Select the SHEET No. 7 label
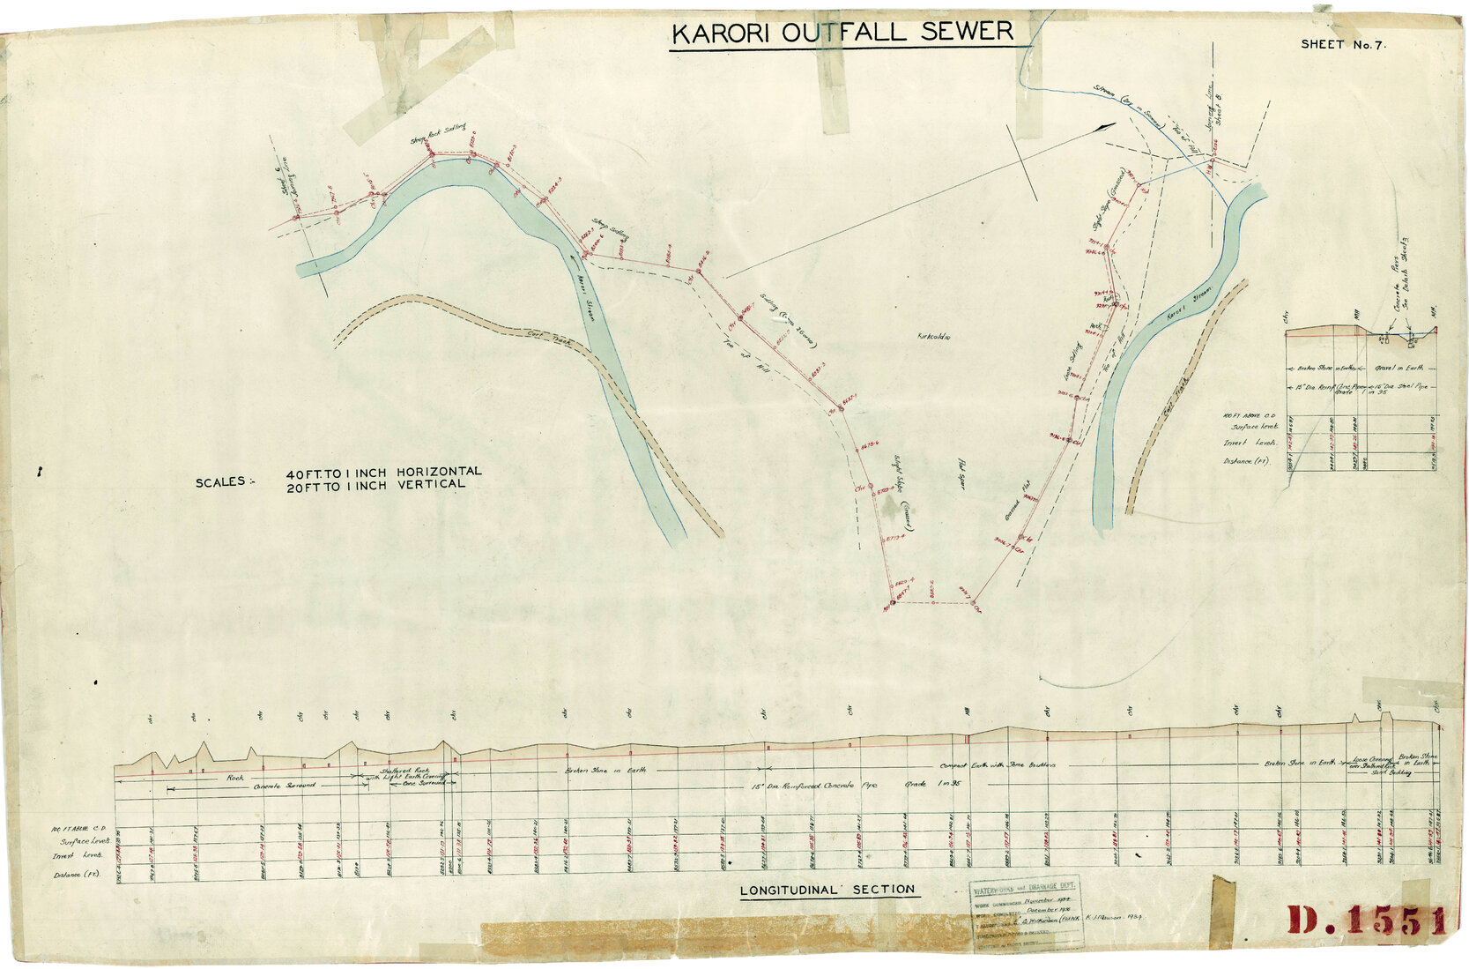[x=1343, y=44]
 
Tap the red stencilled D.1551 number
[x=1366, y=921]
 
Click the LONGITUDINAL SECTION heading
[x=827, y=890]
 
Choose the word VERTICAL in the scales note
[x=431, y=484]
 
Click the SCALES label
[x=221, y=482]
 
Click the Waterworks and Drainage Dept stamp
[x=1026, y=913]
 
